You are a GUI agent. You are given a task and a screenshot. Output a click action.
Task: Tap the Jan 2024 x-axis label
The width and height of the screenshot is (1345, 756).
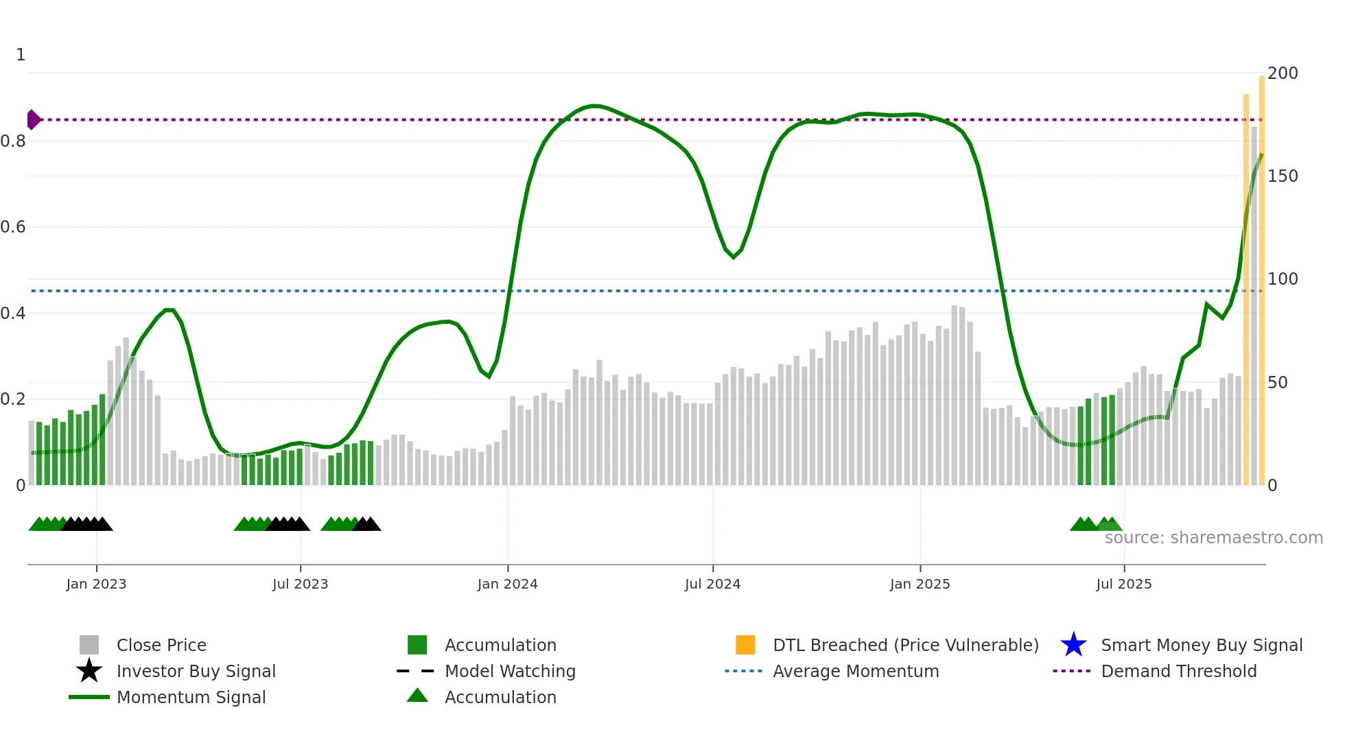(507, 584)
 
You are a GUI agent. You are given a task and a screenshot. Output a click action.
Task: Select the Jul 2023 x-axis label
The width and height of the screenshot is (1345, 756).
(300, 584)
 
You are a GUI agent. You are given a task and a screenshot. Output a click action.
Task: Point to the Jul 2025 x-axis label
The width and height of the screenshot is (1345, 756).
(1123, 584)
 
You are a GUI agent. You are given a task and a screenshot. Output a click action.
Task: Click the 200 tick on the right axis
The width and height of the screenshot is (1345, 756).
(1282, 73)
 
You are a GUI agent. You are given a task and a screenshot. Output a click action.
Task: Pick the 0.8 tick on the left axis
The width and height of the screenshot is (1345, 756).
(13, 141)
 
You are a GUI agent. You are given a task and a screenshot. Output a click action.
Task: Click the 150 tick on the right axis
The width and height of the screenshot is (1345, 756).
(1282, 176)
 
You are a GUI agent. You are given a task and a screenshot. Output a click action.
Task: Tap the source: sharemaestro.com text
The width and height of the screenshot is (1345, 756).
(1213, 537)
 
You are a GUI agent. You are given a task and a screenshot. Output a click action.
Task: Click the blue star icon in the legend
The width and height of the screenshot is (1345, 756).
(1073, 645)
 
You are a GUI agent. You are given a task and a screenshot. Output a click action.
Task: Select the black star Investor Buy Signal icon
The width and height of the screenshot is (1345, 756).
(89, 671)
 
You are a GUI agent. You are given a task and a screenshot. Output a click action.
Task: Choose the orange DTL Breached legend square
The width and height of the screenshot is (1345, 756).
(745, 645)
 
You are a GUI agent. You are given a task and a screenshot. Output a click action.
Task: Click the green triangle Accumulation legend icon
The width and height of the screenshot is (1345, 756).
(417, 696)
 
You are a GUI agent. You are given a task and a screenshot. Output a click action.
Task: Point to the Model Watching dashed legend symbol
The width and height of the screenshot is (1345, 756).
(416, 671)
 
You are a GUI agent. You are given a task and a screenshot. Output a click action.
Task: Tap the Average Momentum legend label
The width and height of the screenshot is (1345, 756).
(855, 671)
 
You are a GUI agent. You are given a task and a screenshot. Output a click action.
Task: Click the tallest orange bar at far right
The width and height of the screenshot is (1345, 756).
(1261, 274)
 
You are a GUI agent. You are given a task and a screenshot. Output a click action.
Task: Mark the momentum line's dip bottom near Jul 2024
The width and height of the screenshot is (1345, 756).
(734, 257)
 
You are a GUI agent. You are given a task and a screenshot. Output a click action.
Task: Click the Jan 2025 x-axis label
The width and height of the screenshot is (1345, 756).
(920, 584)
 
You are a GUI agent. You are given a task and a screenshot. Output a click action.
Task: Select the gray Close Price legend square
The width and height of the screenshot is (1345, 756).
(89, 645)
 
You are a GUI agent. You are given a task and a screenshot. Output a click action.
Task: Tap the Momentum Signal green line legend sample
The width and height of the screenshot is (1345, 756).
(89, 697)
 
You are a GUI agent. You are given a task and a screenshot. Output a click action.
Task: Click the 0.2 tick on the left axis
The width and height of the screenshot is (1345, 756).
(13, 399)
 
